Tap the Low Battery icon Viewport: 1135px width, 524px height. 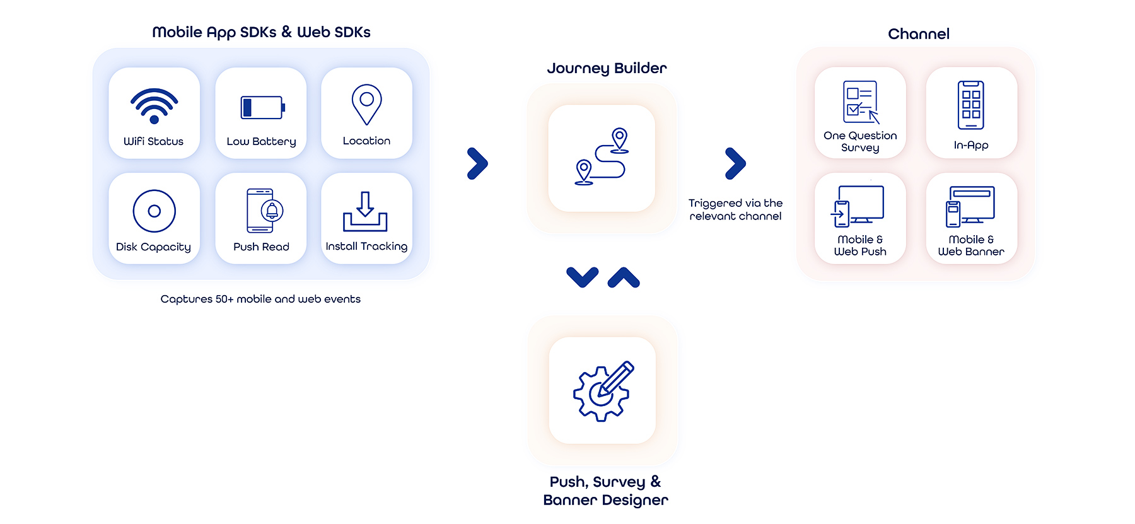262,108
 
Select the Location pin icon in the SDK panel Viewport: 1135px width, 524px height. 366,105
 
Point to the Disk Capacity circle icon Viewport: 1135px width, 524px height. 154,211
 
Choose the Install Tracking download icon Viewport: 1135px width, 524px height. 365,212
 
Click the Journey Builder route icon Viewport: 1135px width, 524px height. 602,157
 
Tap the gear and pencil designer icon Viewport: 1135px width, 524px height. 602,391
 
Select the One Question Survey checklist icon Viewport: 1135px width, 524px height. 861,102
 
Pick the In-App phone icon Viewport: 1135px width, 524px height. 970,105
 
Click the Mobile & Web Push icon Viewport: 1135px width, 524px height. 858,206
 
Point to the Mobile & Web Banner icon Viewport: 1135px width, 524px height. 970,206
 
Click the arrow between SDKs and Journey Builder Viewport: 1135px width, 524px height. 477,164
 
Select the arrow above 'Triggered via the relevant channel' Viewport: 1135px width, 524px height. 735,164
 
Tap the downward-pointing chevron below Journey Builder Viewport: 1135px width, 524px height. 582,277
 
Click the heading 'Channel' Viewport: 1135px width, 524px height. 918,34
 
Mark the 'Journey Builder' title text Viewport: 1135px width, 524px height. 607,68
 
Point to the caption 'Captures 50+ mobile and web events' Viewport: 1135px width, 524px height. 260,299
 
